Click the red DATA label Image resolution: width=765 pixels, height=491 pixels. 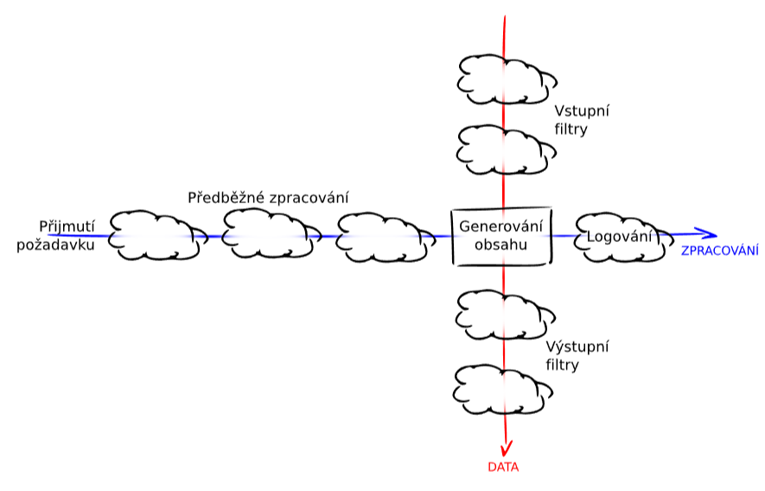502,467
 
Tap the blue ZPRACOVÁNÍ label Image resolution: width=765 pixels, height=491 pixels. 720,251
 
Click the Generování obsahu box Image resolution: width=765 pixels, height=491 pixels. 502,236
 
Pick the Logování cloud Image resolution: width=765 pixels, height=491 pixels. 618,236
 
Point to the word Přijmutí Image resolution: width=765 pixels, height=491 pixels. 66,226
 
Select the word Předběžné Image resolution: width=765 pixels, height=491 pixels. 226,198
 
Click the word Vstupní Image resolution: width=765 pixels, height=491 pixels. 583,112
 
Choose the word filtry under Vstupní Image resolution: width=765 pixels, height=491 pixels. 571,130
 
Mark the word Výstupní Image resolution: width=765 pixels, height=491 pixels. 577,348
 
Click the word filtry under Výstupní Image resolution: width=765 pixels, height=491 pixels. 562,365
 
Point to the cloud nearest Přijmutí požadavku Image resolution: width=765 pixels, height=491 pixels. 156,235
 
